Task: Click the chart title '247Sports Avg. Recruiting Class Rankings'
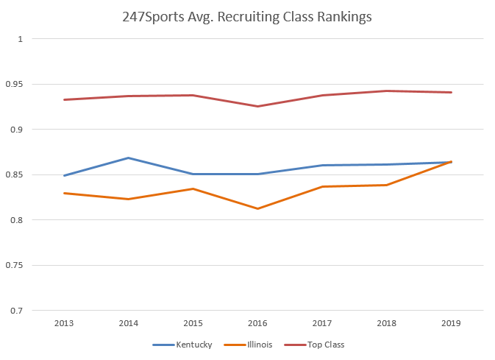247,17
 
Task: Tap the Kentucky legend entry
182,345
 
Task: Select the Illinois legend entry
248,345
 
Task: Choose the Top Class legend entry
314,345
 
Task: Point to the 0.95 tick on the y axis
15,84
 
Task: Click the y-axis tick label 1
21,39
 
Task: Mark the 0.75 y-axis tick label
15,265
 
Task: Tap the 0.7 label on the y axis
17,311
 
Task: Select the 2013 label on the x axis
64,323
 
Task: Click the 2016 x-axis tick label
257,323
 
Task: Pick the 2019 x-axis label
451,323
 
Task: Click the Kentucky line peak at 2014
129,158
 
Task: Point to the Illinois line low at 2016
257,208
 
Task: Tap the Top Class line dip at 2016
257,106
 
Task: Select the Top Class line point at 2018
387,91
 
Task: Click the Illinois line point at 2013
64,193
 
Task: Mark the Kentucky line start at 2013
64,175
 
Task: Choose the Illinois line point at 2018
387,185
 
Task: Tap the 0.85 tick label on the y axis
15,174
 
